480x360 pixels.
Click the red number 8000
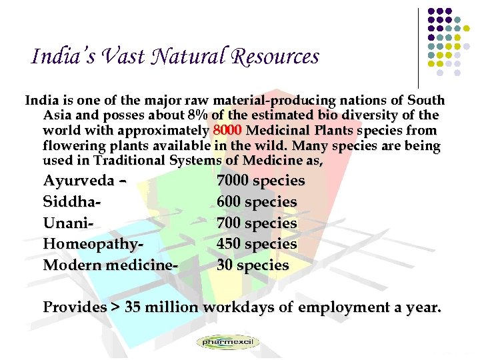coord(228,130)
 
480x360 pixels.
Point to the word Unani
coord(65,223)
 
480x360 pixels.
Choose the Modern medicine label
coord(110,265)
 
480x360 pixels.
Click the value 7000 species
coord(261,181)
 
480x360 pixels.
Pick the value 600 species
coord(257,201)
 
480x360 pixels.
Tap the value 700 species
coord(257,223)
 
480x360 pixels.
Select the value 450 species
coord(257,244)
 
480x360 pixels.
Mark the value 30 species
coord(253,265)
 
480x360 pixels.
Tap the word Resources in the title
coord(277,57)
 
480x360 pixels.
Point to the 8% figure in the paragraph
coord(199,115)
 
